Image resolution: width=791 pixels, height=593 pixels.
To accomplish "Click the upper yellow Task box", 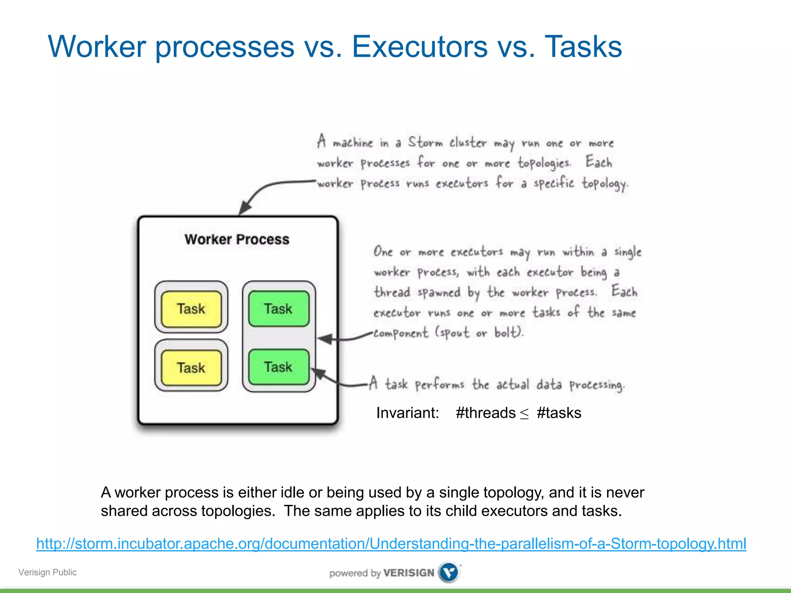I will coord(191,309).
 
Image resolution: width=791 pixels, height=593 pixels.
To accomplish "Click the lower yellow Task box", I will coord(191,367).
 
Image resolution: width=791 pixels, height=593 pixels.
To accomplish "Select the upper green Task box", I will coord(278,308).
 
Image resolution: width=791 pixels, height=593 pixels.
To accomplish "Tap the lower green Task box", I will coord(278,367).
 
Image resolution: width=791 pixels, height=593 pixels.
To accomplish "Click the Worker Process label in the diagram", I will coord(237,239).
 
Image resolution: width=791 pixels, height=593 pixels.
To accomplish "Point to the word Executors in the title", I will coord(419,47).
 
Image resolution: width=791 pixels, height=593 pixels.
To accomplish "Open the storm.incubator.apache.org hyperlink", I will coord(391,544).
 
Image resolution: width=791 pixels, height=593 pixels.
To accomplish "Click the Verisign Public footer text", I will coord(48,572).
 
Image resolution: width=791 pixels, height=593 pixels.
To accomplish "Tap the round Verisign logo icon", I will coord(449,572).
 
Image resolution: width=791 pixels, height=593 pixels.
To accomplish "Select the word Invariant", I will coord(407,413).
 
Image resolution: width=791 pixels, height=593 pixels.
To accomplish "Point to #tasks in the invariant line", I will coord(559,413).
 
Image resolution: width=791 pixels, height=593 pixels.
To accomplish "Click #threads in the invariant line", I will coord(485,413).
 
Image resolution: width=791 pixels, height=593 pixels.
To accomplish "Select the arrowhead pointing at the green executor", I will coord(324,339).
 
